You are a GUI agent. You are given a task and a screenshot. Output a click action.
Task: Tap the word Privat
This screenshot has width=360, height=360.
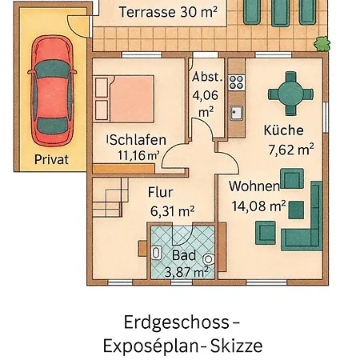tap(51, 158)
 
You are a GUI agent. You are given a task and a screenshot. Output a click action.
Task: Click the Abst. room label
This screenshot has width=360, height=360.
tap(207, 78)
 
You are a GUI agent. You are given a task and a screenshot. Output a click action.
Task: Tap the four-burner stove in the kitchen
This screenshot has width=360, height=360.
tap(237, 80)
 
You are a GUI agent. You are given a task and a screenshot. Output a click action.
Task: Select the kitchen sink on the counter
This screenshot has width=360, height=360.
tap(237, 113)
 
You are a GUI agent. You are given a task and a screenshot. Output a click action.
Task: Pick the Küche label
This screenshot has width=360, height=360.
tap(283, 130)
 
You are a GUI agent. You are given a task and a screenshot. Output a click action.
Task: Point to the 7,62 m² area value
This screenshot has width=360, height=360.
tap(290, 147)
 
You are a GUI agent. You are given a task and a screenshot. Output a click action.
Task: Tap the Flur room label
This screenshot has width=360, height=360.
tap(161, 192)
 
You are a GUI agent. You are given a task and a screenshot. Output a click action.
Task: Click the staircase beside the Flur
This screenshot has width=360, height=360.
tap(111, 197)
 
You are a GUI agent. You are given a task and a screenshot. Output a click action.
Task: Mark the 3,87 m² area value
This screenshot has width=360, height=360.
tap(186, 271)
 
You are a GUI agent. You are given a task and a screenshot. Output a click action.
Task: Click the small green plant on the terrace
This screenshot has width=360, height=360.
tap(322, 40)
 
